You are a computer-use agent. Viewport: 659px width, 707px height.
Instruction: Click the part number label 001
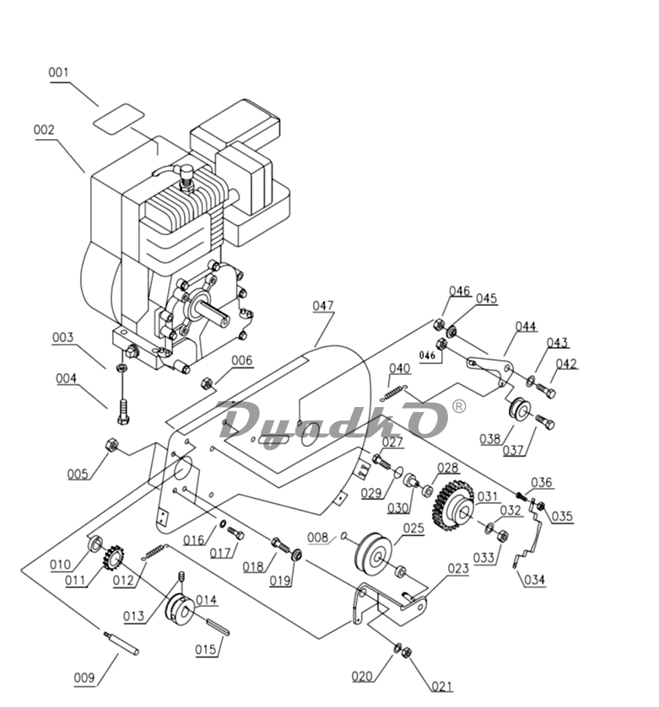pos(59,72)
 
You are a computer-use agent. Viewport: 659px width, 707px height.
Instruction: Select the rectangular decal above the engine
pos(119,119)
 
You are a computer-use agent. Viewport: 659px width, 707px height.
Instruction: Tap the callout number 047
pos(323,306)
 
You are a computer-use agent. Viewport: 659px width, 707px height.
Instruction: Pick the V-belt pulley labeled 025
pos(374,555)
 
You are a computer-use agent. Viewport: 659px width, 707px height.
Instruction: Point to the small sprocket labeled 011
pos(113,558)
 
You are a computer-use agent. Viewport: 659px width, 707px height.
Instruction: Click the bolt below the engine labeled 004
pos(123,412)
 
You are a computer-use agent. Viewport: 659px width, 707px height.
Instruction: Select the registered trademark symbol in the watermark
pos(458,406)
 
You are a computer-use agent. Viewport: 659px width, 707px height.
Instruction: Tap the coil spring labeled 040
pos(396,393)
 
